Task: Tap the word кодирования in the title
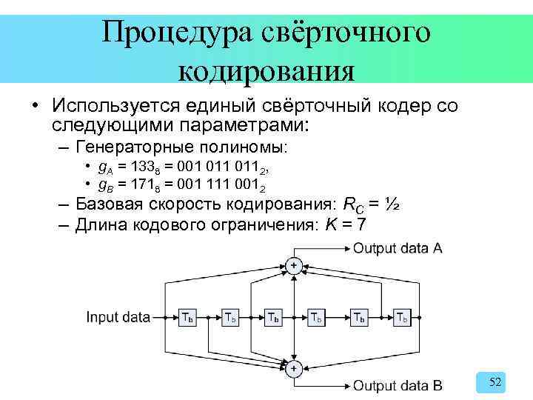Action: pyautogui.click(x=266, y=71)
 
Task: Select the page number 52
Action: pyautogui.click(x=496, y=382)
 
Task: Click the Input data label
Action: pyautogui.click(x=118, y=318)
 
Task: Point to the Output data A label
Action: pyautogui.click(x=398, y=249)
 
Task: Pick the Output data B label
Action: pyautogui.click(x=398, y=385)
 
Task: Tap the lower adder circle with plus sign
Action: pyautogui.click(x=294, y=369)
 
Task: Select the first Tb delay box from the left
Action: pyautogui.click(x=188, y=318)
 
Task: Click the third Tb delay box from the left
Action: pyautogui.click(x=274, y=318)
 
